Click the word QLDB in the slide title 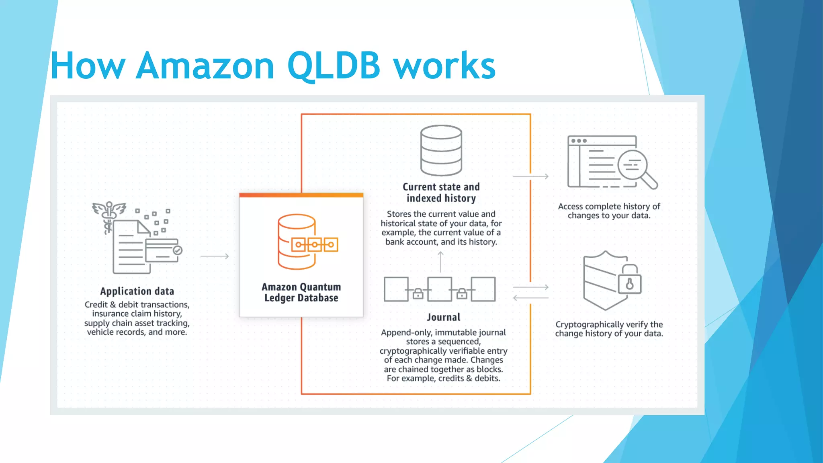pyautogui.click(x=334, y=66)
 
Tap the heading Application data pyautogui.click(x=137, y=291)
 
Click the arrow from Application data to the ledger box pyautogui.click(x=215, y=256)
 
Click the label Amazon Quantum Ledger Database pyautogui.click(x=301, y=292)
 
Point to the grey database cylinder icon pyautogui.click(x=441, y=150)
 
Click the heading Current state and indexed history pyautogui.click(x=441, y=193)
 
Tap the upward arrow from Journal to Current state pyautogui.click(x=440, y=262)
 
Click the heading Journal pyautogui.click(x=443, y=317)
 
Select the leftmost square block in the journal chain pyautogui.click(x=396, y=289)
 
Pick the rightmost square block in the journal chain pyautogui.click(x=483, y=289)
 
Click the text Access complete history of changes pyautogui.click(x=609, y=211)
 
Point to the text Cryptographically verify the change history pyautogui.click(x=609, y=329)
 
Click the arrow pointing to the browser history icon pyautogui.click(x=531, y=176)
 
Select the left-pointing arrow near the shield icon pyautogui.click(x=530, y=298)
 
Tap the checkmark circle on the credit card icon pyautogui.click(x=177, y=250)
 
